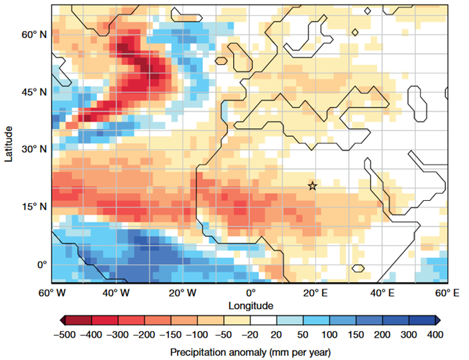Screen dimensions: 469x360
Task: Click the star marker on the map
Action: coord(312,186)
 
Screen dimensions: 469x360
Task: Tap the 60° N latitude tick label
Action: coord(34,35)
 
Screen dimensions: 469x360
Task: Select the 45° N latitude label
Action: coord(34,92)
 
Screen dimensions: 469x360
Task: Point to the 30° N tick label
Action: coord(34,149)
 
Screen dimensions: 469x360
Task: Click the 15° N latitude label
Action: coord(34,207)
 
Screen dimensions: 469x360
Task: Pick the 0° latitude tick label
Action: coord(42,265)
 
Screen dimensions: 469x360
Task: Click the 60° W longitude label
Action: coord(52,293)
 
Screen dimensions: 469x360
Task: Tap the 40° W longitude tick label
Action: coord(116,293)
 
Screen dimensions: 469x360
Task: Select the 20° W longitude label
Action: coord(183,293)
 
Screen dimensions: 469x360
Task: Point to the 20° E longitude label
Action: coord(315,293)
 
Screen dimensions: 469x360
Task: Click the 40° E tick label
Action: coord(382,293)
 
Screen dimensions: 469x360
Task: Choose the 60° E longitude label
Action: coord(447,293)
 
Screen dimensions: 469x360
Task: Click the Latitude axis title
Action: coord(9,144)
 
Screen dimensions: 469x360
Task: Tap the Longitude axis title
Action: coord(250,306)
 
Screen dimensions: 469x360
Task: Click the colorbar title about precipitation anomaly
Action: coord(250,352)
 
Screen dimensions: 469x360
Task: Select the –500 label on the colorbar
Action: coord(65,334)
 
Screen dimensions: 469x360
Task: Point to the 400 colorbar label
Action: coord(435,334)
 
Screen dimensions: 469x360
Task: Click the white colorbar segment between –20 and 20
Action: coord(263,320)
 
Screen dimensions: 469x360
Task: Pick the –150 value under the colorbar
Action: coord(170,334)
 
